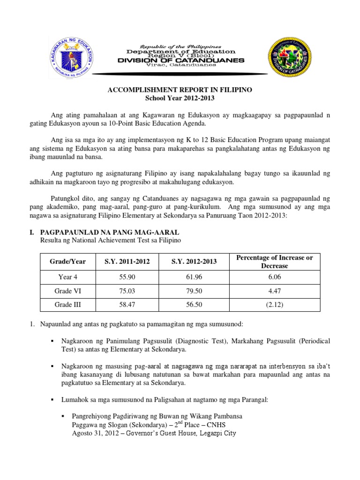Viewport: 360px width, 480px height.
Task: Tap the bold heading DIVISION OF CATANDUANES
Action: coord(180,60)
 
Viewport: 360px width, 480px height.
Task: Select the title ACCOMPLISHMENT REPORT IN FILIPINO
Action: coord(180,90)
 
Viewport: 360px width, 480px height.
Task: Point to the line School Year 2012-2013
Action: coord(180,97)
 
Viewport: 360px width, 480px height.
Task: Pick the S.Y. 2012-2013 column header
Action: coord(194,262)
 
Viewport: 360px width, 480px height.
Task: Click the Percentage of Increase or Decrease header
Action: coord(274,262)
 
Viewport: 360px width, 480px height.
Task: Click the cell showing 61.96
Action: coord(194,277)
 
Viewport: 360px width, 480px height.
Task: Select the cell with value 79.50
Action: coord(194,291)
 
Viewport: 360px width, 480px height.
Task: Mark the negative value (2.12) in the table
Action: coord(274,304)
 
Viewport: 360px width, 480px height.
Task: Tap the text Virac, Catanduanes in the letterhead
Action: coord(180,66)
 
